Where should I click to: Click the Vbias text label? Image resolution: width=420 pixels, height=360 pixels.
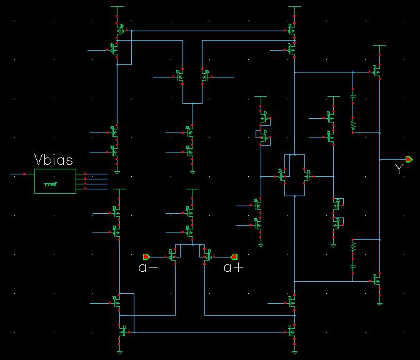55,159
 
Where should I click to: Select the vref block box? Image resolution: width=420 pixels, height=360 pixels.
55,181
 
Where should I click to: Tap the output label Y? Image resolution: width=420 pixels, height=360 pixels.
398,169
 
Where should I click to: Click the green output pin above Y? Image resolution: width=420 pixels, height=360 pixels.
408,159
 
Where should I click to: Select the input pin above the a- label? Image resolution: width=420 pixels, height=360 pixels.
147,256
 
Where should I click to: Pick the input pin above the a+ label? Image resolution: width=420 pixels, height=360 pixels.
234,256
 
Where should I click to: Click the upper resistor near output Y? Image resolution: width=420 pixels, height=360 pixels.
353,125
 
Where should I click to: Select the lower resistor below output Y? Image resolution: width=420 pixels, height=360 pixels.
353,247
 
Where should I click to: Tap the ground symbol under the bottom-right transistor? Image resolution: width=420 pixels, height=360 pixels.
380,304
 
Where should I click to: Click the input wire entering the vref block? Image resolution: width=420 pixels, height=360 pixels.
22,175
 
